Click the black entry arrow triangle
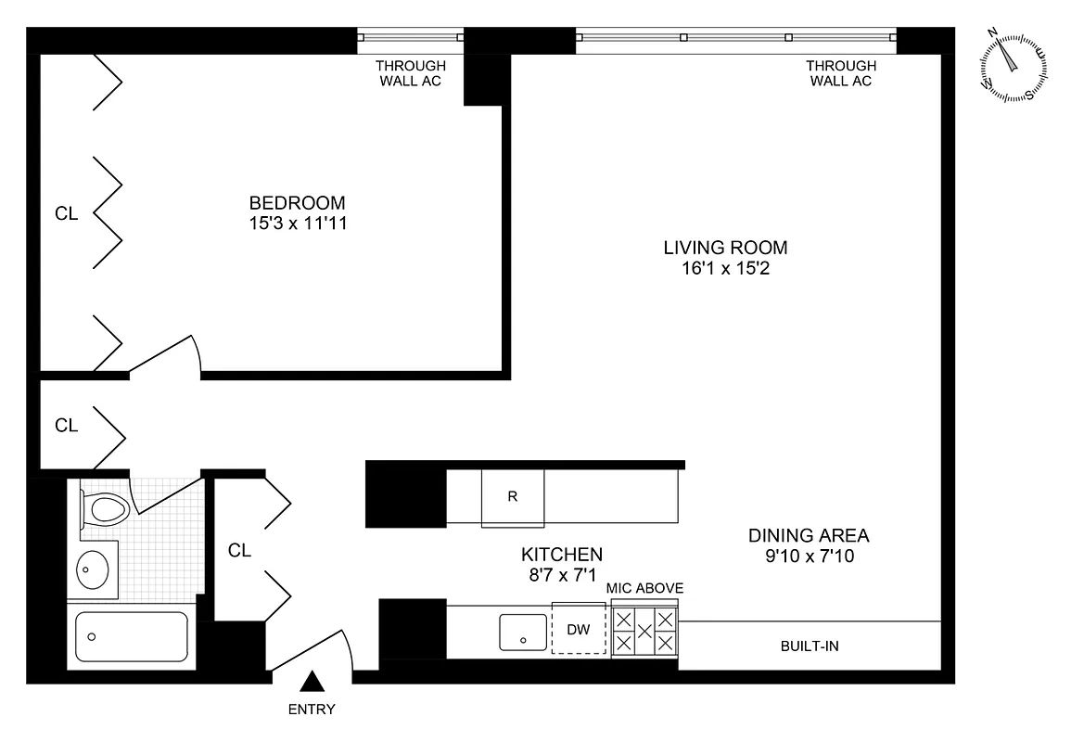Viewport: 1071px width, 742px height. click(x=312, y=683)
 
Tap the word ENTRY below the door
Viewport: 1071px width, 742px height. click(x=312, y=710)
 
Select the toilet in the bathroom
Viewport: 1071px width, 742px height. click(x=105, y=509)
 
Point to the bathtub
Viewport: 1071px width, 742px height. click(x=132, y=637)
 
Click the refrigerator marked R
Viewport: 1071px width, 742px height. click(x=512, y=496)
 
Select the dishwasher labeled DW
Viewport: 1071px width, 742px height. click(x=579, y=630)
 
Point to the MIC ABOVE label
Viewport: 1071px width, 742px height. click(x=644, y=588)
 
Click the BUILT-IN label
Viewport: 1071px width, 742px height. click(x=809, y=646)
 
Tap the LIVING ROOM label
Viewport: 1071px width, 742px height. click(x=725, y=248)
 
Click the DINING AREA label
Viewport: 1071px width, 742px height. click(x=809, y=535)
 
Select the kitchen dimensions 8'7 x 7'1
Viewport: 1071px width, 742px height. click(x=561, y=575)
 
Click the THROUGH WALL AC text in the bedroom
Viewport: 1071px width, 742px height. click(x=410, y=73)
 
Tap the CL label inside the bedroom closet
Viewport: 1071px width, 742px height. click(x=66, y=213)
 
